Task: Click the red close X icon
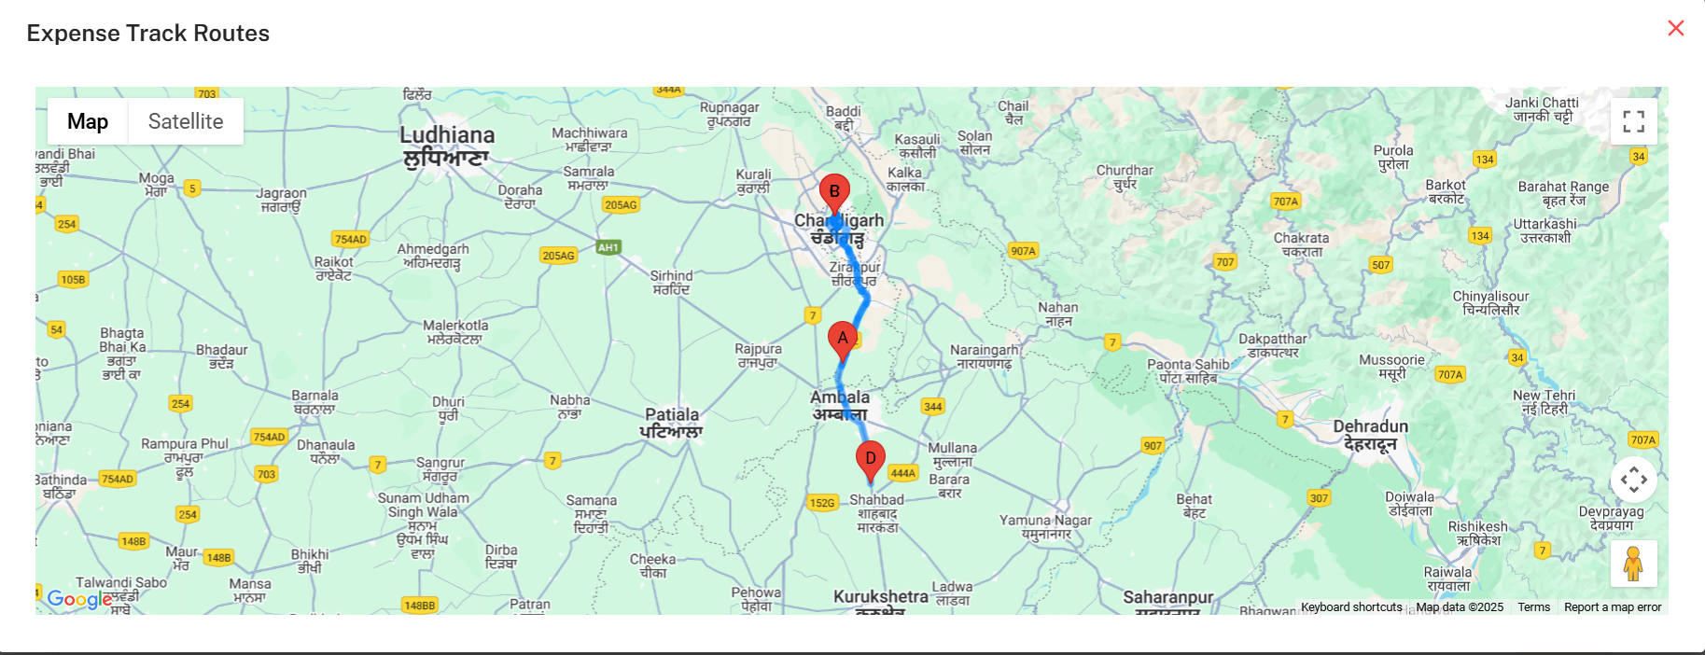1675,29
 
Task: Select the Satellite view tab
186,121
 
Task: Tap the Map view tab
88,121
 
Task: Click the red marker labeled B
834,193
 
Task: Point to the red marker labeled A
843,340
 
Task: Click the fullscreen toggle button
1633,121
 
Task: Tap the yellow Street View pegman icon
1633,564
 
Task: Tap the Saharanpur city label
1167,598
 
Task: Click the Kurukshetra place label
880,597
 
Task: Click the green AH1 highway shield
608,247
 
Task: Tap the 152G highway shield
822,503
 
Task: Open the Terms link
1533,607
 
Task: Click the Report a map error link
1613,607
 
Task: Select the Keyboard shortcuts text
1351,607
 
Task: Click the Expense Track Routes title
148,34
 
